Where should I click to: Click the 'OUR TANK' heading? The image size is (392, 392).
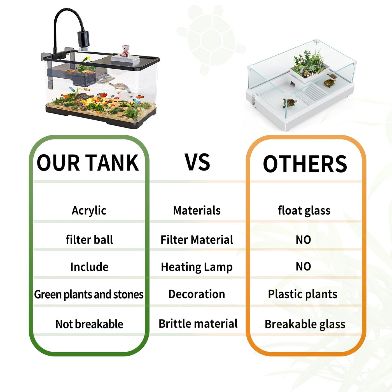(88, 163)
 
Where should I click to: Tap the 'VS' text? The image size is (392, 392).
(197, 162)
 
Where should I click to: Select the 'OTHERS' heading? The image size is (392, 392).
(305, 164)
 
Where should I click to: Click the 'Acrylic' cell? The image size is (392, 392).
(89, 211)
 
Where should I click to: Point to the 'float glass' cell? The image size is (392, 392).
(304, 211)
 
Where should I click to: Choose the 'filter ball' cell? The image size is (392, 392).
(89, 240)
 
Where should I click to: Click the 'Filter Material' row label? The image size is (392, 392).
(197, 240)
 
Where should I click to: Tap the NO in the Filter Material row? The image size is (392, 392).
(303, 240)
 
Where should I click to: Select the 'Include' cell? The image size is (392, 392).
(89, 267)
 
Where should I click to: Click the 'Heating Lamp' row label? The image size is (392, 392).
(197, 267)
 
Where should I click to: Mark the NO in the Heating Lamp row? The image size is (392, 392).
(303, 267)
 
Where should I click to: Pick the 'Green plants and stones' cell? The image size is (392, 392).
(89, 295)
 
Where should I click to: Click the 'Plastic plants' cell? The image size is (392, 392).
(302, 294)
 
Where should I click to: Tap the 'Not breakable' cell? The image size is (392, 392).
(89, 324)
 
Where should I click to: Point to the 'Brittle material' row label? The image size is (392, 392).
(198, 324)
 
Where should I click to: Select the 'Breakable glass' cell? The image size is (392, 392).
(305, 324)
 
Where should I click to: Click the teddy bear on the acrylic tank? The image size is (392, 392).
(125, 51)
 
